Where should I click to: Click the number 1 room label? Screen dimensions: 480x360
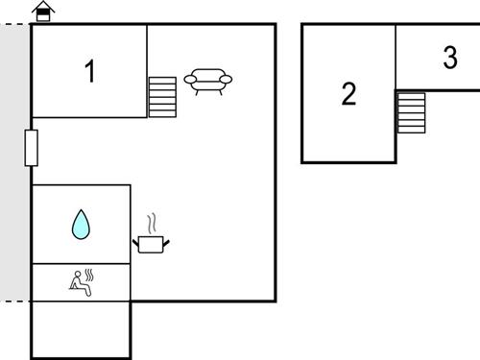pos(90,71)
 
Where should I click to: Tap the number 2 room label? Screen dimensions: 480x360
pos(348,94)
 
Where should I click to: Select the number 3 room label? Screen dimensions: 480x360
pos(450,58)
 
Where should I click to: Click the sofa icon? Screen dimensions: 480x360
pos(208,80)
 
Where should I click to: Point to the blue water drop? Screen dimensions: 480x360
pos(81,225)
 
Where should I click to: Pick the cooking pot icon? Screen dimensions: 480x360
pos(152,243)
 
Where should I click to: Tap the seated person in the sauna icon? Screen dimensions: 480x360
pos(77,283)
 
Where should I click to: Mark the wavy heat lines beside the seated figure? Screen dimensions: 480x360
pos(89,277)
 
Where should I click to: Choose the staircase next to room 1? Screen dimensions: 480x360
pos(163,97)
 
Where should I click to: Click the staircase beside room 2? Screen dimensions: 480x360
pos(411,113)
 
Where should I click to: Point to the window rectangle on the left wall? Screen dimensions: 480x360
pos(32,148)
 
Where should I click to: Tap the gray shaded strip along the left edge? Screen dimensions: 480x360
pos(14,163)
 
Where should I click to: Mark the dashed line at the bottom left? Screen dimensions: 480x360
pos(14,301)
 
